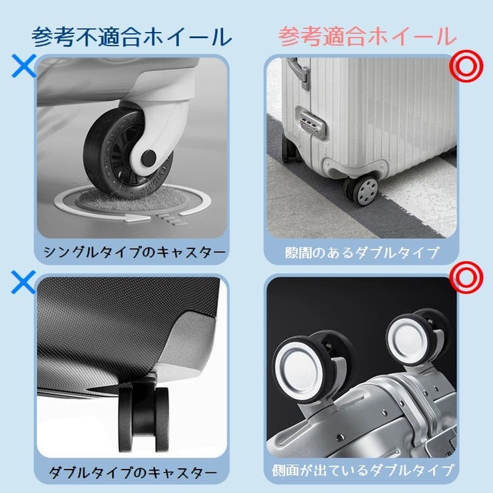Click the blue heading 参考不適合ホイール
pos(131,37)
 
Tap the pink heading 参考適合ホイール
pos(367,37)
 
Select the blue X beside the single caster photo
pos(23,65)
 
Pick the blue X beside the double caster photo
pos(23,282)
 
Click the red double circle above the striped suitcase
pos(466,66)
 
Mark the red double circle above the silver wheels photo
pos(466,277)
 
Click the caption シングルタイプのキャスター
pos(135,252)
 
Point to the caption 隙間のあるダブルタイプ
pos(362,252)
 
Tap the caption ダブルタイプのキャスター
pos(133,472)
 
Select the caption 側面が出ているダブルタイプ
pos(362,470)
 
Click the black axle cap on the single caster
pos(149,158)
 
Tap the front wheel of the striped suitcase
pos(364,190)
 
